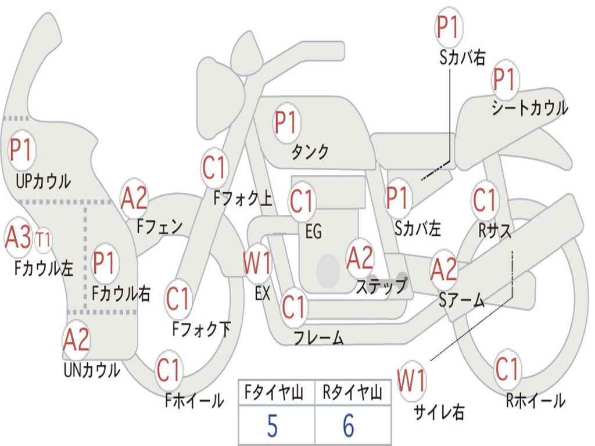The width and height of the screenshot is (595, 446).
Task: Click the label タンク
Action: [310, 152]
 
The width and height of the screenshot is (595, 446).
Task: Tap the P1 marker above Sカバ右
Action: [448, 27]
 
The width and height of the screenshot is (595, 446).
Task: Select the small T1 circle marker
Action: [43, 240]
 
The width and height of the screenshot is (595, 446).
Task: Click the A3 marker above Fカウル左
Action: [17, 237]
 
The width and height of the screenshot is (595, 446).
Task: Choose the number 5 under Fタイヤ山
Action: [272, 426]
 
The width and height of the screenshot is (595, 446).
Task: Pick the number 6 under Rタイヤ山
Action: [349, 426]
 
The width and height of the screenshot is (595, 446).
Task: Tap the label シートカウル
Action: [529, 109]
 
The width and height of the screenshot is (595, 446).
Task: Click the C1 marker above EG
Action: [301, 201]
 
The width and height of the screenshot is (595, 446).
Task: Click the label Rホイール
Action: [535, 400]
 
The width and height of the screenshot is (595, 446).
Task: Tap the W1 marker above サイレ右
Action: [411, 382]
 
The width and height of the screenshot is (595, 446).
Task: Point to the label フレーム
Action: [318, 338]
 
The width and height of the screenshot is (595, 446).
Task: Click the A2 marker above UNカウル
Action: [76, 340]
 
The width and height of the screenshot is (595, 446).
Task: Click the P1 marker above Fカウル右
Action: [105, 263]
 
